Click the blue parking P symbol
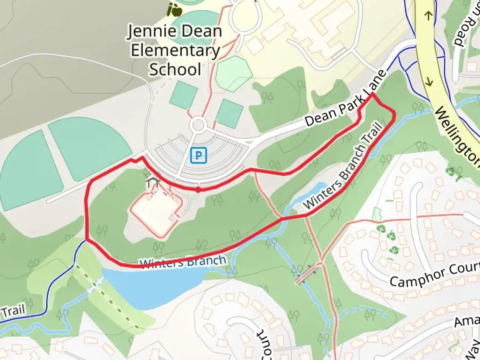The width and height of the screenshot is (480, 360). click(x=199, y=155)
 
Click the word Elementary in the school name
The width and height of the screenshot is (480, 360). click(x=175, y=51)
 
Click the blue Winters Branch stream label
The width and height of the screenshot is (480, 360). click(x=183, y=262)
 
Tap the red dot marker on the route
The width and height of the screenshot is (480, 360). click(x=198, y=190)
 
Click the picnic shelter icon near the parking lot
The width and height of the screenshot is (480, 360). click(x=153, y=182)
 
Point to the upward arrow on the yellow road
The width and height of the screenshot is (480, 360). click(x=428, y=15)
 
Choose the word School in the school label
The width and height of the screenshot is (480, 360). click(x=175, y=69)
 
